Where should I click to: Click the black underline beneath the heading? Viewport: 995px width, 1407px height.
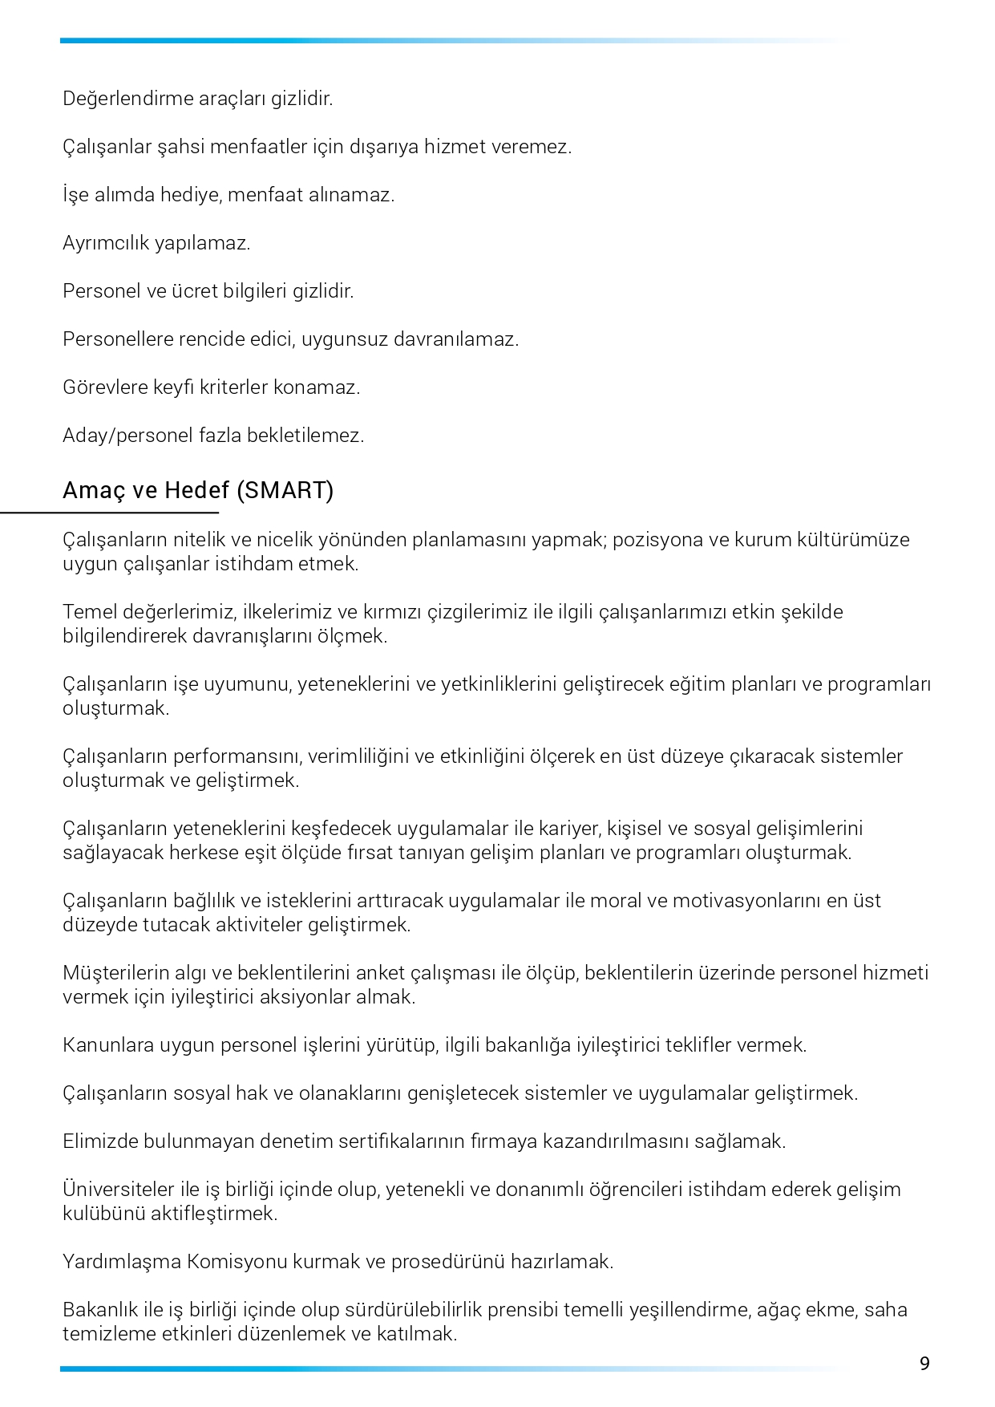tap(109, 512)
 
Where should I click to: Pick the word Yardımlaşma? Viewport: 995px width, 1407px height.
tap(122, 1262)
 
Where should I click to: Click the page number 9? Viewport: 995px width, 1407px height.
tap(924, 1364)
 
